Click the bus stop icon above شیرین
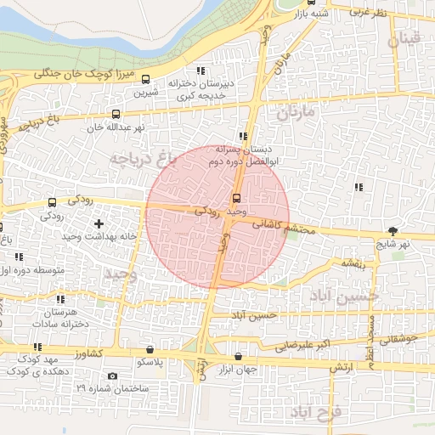pos(144,80)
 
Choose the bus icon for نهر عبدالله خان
pos(116,114)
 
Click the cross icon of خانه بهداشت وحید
pos(99,223)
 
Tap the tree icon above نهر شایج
pos(393,230)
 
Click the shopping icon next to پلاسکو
pos(150,349)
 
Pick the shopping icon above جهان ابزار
pos(237,356)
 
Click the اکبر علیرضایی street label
pos(299,346)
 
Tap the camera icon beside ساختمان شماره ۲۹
pos(113,376)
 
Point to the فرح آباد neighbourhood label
pos(314,413)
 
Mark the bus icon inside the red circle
pos(236,199)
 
